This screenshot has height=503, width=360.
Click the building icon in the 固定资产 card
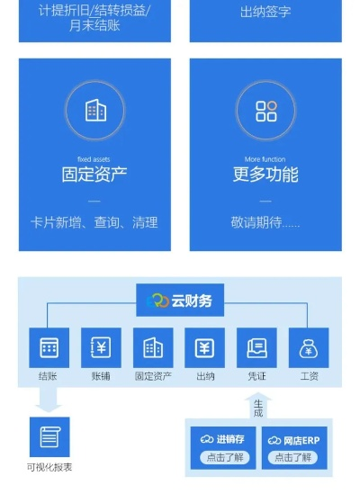[x=94, y=111]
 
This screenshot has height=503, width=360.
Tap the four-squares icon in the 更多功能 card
[x=265, y=111]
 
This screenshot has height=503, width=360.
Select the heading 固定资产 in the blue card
[x=94, y=175]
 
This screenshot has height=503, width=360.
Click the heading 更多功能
[x=265, y=175]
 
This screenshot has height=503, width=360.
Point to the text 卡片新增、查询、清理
[x=94, y=221]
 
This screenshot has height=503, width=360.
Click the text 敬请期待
[x=265, y=221]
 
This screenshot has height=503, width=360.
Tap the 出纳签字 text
[x=265, y=12]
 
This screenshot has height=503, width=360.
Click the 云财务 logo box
[x=180, y=301]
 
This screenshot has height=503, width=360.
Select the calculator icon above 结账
[x=49, y=347]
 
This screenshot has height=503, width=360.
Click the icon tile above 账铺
[x=101, y=347]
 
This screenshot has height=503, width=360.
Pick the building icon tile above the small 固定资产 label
[x=153, y=347]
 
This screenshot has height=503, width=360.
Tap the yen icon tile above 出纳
[x=204, y=347]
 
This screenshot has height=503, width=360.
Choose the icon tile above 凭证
[x=256, y=347]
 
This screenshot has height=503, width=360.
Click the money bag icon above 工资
[x=309, y=347]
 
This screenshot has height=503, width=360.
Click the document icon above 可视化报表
[x=49, y=437]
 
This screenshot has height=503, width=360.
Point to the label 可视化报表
[x=49, y=467]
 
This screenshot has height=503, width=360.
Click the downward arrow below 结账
[x=49, y=399]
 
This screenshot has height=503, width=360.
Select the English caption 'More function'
[x=265, y=159]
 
